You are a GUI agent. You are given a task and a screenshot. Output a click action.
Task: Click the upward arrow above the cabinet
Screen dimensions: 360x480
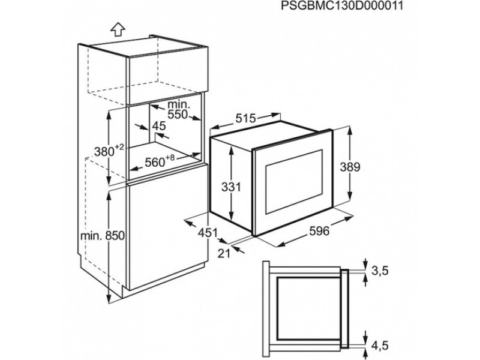pyautogui.click(x=118, y=28)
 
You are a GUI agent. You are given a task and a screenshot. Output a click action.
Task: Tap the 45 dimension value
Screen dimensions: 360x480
pyautogui.click(x=159, y=126)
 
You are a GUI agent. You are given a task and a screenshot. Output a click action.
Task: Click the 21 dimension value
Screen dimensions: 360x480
pyautogui.click(x=223, y=253)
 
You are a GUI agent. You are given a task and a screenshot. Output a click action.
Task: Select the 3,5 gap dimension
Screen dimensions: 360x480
pyautogui.click(x=380, y=272)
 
